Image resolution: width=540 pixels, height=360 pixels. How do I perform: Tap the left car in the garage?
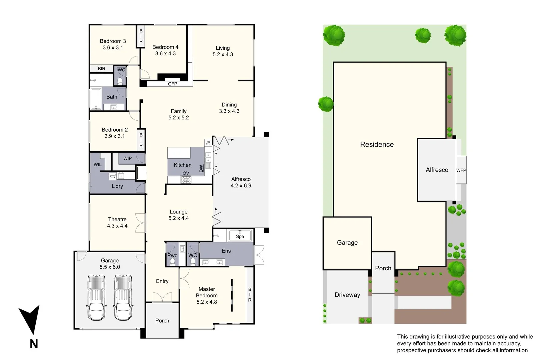click(96, 297)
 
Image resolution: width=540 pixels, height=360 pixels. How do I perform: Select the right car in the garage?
click(123, 297)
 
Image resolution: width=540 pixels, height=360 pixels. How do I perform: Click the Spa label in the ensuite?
click(240, 236)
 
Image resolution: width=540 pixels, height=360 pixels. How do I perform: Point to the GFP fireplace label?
click(172, 84)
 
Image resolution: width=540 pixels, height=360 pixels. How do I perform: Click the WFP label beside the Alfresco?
click(461, 170)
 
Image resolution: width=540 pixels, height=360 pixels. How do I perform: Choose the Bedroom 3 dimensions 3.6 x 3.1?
click(113, 48)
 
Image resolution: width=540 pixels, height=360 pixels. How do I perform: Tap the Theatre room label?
click(117, 219)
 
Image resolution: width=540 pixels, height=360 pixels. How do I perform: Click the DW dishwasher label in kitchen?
click(201, 169)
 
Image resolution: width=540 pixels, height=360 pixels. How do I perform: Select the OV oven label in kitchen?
click(186, 173)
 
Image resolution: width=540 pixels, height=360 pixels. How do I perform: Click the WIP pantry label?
click(127, 158)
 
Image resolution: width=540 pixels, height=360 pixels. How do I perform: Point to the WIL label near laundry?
click(98, 164)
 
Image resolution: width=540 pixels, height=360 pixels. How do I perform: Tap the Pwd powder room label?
click(172, 255)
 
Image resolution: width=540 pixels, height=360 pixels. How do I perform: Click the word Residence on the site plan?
click(377, 144)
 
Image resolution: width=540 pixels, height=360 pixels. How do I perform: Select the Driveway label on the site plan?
click(347, 295)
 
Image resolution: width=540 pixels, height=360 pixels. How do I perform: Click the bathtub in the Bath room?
click(96, 99)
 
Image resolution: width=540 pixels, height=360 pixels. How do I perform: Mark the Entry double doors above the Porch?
click(162, 297)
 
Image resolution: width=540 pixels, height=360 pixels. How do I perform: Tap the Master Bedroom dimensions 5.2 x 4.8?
click(207, 302)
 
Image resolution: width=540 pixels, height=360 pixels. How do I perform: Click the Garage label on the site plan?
click(347, 243)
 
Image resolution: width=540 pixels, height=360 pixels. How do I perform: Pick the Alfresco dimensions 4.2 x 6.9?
click(241, 186)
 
